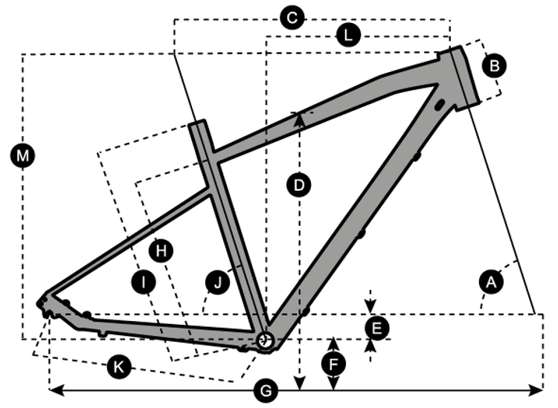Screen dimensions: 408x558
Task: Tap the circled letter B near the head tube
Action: [x=494, y=66]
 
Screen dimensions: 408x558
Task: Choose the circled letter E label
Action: [x=376, y=326]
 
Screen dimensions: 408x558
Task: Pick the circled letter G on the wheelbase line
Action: [x=266, y=389]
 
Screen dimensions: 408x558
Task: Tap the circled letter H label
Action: [x=159, y=250]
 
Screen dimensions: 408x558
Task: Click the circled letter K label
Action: [x=118, y=365]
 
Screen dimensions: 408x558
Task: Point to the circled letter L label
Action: [x=347, y=34]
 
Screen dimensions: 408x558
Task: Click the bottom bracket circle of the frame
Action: [x=266, y=340]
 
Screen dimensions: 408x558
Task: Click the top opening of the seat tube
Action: [x=196, y=123]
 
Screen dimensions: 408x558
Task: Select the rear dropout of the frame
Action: [x=47, y=305]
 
